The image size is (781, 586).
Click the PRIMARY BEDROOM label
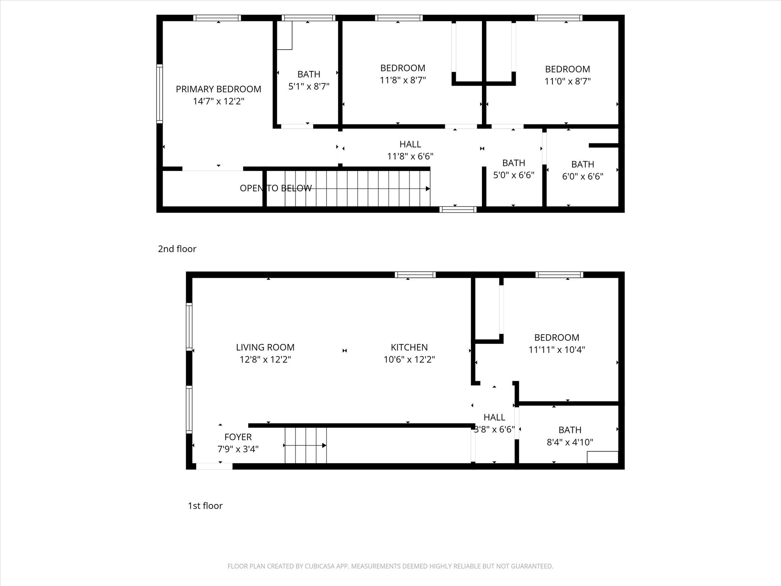click(x=219, y=89)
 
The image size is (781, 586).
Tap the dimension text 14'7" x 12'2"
click(x=219, y=101)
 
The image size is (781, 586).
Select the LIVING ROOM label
click(x=265, y=348)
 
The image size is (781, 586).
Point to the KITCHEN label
click(x=409, y=348)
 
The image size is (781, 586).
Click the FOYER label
click(x=238, y=437)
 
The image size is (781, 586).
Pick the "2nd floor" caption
click(x=177, y=249)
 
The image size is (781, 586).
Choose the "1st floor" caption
click(x=205, y=506)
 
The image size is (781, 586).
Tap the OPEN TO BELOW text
click(x=276, y=188)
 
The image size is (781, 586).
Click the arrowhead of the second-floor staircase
click(x=428, y=188)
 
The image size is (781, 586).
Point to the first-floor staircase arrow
click(x=305, y=445)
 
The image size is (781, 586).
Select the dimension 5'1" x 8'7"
click(x=309, y=87)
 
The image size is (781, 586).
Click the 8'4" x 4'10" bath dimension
click(x=570, y=442)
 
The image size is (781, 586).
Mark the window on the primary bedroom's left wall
click(x=159, y=93)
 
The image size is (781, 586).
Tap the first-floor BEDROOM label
click(x=557, y=338)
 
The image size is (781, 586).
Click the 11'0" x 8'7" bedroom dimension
click(x=567, y=81)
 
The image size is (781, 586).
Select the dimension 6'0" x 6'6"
click(x=583, y=177)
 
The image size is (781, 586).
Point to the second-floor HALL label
click(x=410, y=144)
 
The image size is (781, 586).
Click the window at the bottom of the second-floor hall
click(x=458, y=209)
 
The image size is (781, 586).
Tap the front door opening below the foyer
click(x=214, y=466)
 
